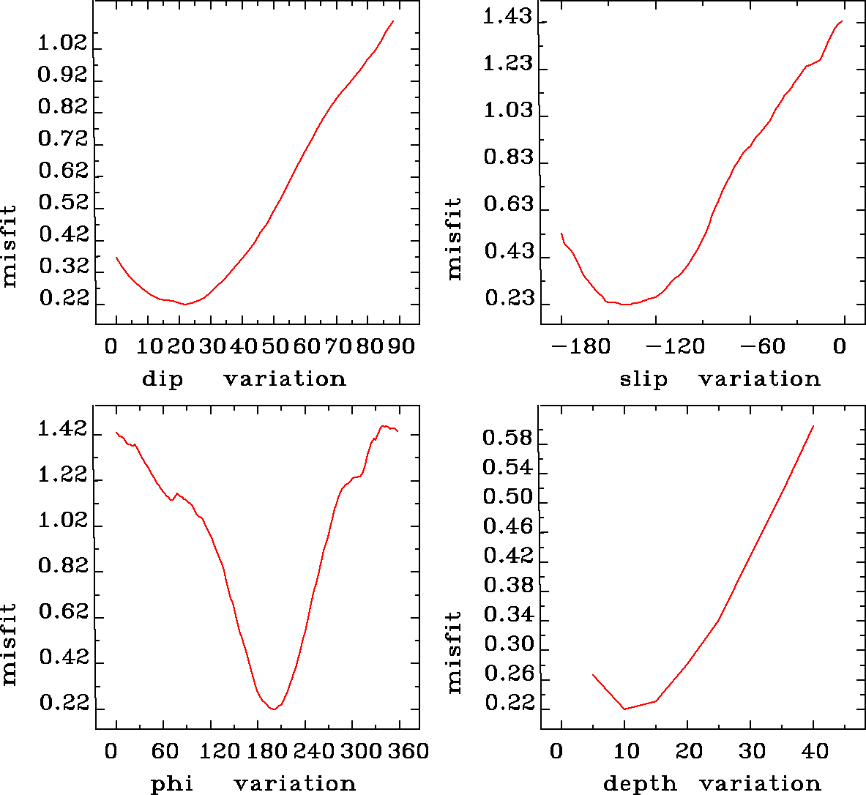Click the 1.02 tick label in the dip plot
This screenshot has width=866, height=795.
coord(62,43)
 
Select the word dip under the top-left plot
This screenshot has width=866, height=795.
coord(162,379)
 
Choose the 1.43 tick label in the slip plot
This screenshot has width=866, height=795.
coord(507,17)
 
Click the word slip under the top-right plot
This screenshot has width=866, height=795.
coord(643,379)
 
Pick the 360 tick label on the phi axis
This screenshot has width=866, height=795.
coord(412,751)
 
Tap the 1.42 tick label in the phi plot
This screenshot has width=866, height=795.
coord(63,430)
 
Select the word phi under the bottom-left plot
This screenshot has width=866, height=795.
coord(171,784)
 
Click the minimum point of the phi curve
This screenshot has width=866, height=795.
coord(273,709)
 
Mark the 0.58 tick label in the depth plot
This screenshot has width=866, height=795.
coord(507,438)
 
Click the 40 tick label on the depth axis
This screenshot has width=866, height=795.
coord(813,751)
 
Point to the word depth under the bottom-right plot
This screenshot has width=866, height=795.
coord(640,784)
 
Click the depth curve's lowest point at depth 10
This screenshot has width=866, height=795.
coord(624,709)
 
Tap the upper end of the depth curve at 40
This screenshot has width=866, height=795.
coord(813,425)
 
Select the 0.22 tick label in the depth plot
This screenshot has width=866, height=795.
coord(507,704)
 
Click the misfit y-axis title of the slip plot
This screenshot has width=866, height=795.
coord(455,238)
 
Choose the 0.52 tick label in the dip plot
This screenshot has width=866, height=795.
coord(63,203)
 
